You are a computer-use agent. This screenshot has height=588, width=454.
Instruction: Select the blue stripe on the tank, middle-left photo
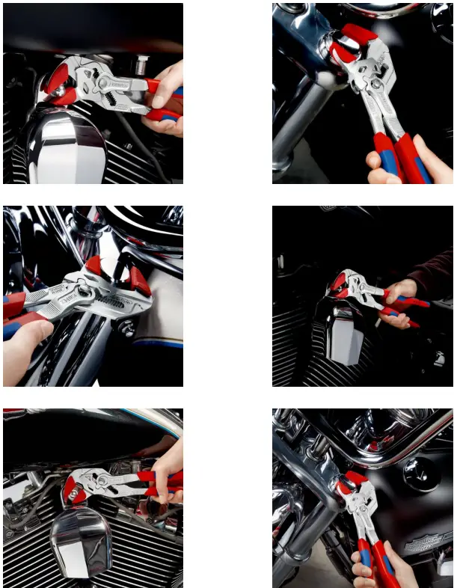(161, 342)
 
